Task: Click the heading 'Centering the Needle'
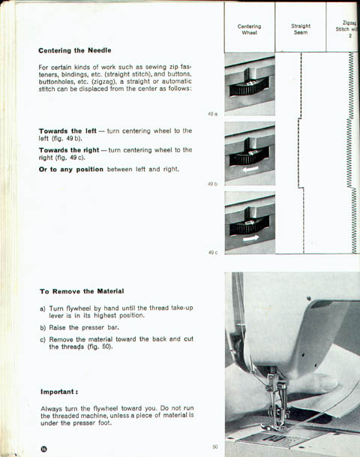tap(74, 50)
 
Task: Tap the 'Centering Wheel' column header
tap(249, 29)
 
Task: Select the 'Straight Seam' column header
tap(301, 29)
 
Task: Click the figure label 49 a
tap(212, 114)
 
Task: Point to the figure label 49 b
tap(212, 184)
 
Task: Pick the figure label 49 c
tap(212, 252)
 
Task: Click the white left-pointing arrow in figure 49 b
tap(250, 169)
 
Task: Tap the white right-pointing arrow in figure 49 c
tap(250, 238)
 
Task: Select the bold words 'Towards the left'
tap(67, 131)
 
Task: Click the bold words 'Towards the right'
tap(69, 150)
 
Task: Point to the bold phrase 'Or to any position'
tap(71, 170)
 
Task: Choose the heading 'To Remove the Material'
tap(82, 291)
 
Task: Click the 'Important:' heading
tap(59, 392)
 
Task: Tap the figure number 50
tap(215, 446)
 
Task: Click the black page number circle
tap(44, 449)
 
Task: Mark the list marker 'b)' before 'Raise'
tap(43, 328)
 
